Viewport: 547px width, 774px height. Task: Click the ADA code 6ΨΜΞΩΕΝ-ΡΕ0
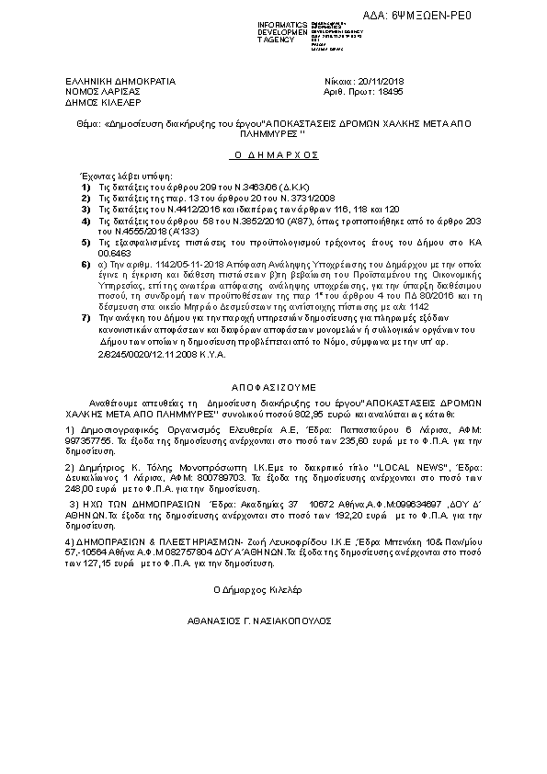coord(478,16)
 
